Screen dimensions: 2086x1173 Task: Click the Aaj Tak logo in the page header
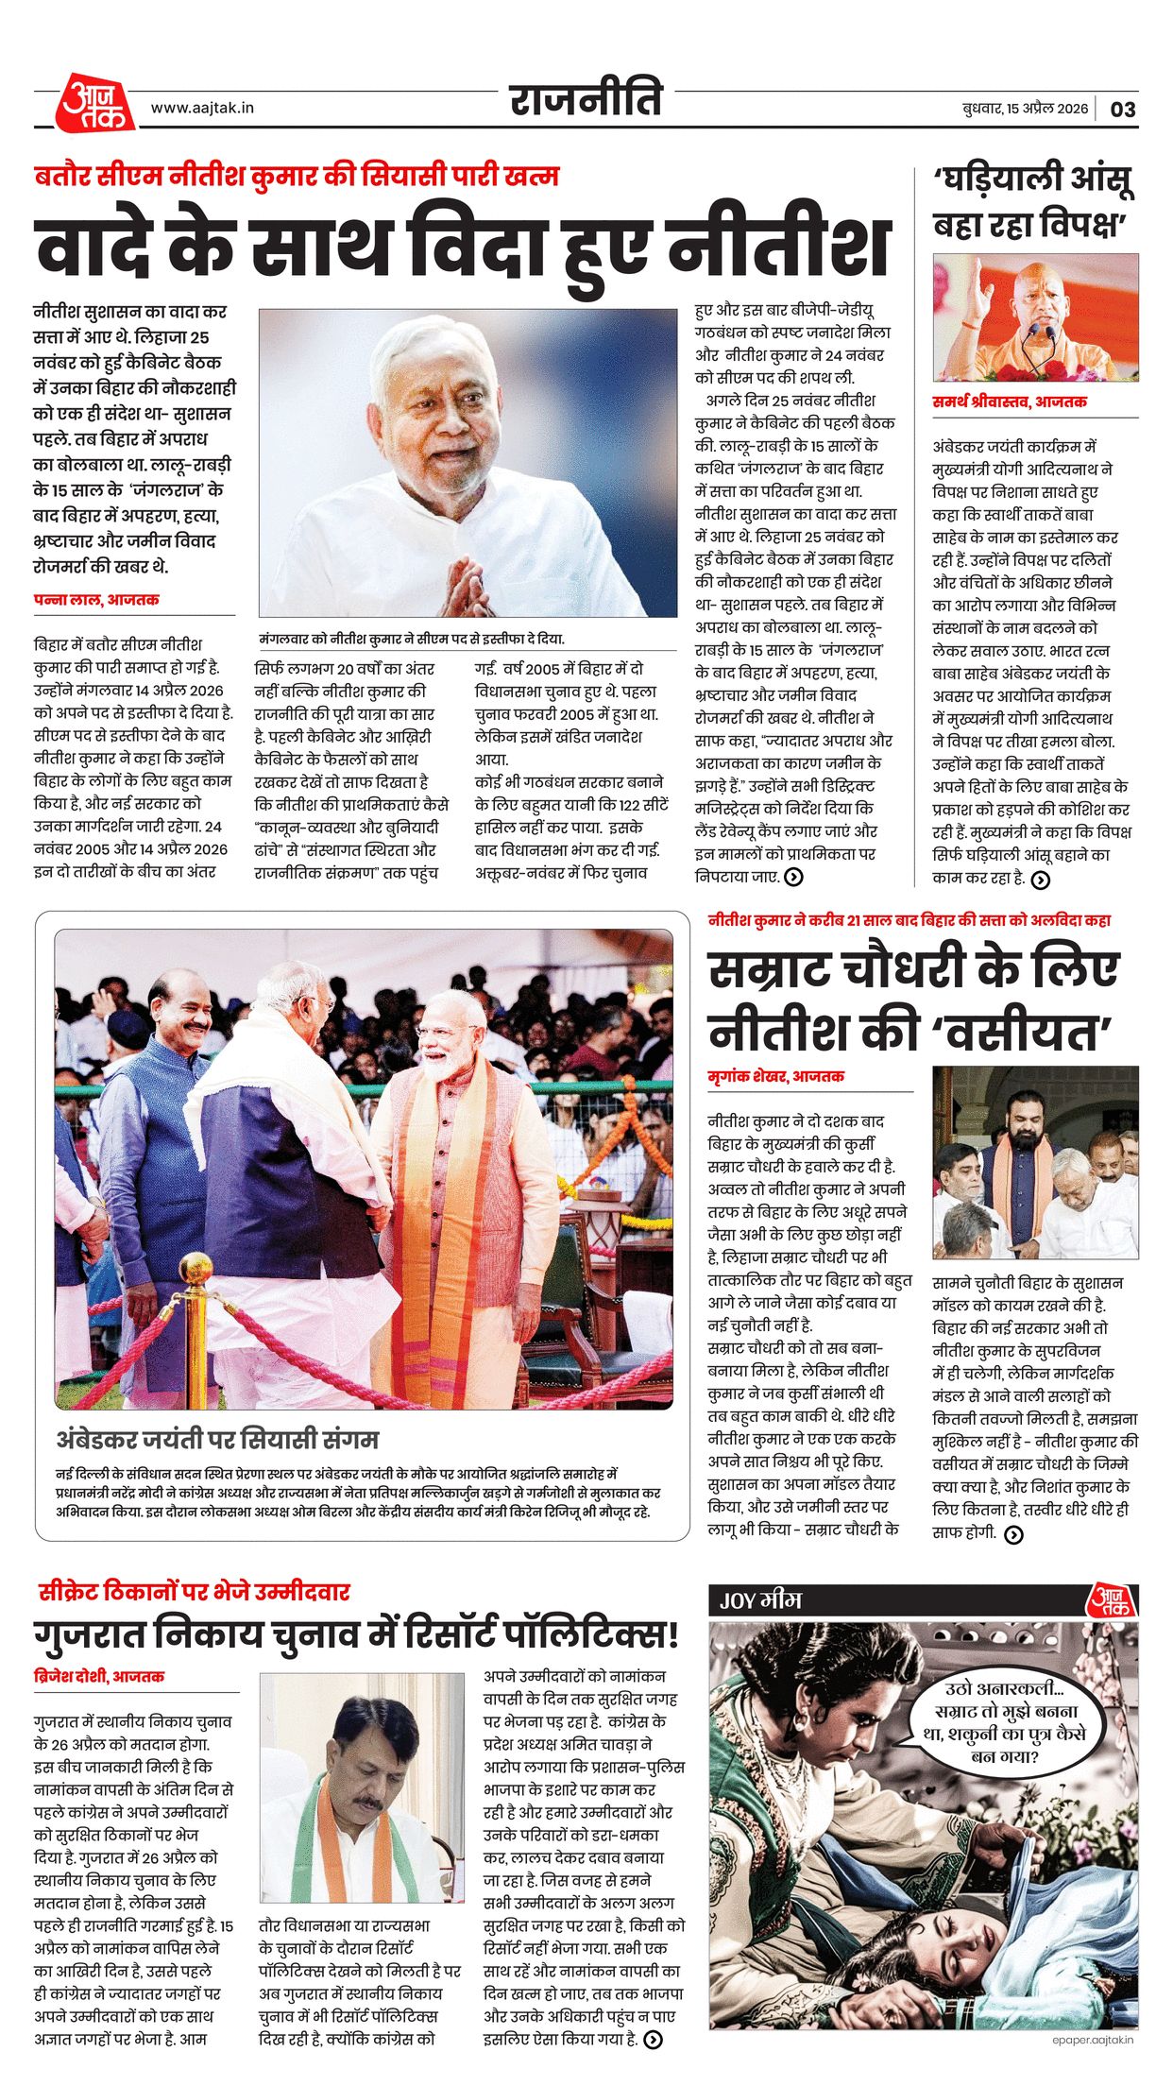(x=95, y=103)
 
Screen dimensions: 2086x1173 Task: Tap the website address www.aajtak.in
(x=202, y=108)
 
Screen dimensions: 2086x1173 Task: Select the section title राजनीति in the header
(x=586, y=99)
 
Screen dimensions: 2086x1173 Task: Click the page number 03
(x=1123, y=109)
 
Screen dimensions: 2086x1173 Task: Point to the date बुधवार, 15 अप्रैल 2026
(x=1025, y=109)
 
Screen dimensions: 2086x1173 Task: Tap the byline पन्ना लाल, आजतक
(x=96, y=600)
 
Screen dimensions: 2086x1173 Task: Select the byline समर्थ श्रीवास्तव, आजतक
(x=1010, y=402)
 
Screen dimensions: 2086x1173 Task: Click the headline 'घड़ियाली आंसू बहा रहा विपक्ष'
(x=1034, y=201)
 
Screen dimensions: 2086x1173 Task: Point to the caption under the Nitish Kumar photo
(x=412, y=639)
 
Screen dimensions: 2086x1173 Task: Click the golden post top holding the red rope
(x=195, y=1269)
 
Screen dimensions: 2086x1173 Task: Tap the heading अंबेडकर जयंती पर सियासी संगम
(x=217, y=1440)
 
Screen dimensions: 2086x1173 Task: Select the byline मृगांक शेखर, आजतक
(x=776, y=1076)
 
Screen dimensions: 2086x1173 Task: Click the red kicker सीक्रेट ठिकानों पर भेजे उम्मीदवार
(x=194, y=1591)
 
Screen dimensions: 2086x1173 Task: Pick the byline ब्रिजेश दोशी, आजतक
(x=99, y=1676)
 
